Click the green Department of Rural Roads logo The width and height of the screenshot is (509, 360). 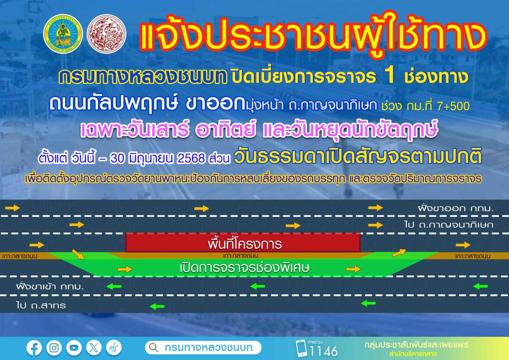[x=63, y=34]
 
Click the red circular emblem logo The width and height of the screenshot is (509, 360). [x=106, y=34]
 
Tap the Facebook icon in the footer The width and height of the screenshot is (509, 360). [x=34, y=348]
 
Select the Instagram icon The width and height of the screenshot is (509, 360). [x=54, y=348]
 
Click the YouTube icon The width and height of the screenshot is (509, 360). [x=74, y=348]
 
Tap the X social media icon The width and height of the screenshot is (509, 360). [x=94, y=348]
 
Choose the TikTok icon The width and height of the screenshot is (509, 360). [x=114, y=348]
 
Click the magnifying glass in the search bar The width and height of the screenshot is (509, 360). [x=154, y=348]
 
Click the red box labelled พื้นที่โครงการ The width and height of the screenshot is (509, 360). [x=243, y=243]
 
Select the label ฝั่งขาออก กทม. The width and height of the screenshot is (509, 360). [x=456, y=208]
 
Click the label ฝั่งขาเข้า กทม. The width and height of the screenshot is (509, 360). [x=50, y=286]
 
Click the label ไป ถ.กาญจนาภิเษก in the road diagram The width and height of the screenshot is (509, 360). [x=449, y=225]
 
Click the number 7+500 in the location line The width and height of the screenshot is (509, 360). [x=453, y=106]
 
